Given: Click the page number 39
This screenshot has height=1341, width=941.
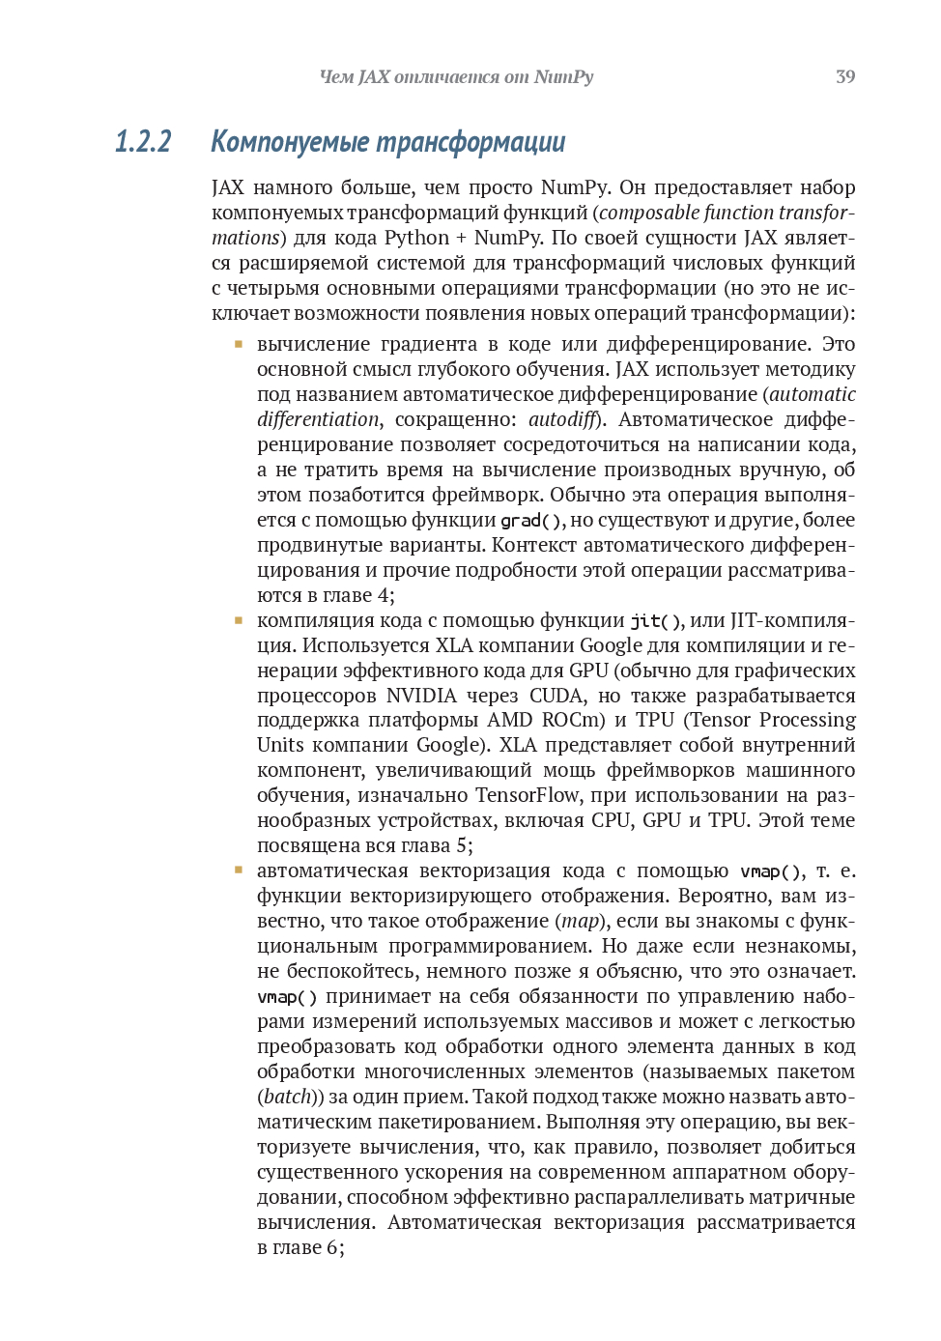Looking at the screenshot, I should tap(845, 77).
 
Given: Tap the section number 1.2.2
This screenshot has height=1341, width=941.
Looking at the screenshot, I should tap(143, 142).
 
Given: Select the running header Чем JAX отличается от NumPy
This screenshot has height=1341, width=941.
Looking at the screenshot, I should tap(456, 77).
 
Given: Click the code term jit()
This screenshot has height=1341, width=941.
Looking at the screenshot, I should tap(657, 621).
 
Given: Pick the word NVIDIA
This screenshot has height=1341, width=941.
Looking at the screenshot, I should tap(421, 696).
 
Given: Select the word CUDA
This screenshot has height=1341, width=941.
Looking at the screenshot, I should tap(556, 696).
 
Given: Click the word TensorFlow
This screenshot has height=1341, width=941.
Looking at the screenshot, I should tap(528, 795).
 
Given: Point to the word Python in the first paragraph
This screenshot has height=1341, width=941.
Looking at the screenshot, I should tap(416, 238).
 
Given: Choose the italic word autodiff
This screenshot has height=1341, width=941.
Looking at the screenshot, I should tap(561, 419).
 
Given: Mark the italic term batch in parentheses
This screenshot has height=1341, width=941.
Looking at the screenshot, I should tap(287, 1097).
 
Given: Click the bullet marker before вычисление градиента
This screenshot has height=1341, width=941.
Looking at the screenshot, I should tap(238, 344).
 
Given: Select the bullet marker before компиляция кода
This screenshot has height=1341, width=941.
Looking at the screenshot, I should tap(238, 620).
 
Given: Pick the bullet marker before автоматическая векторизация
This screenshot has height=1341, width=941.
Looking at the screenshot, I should tap(238, 870).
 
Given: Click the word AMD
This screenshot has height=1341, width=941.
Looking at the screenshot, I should tap(509, 721).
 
